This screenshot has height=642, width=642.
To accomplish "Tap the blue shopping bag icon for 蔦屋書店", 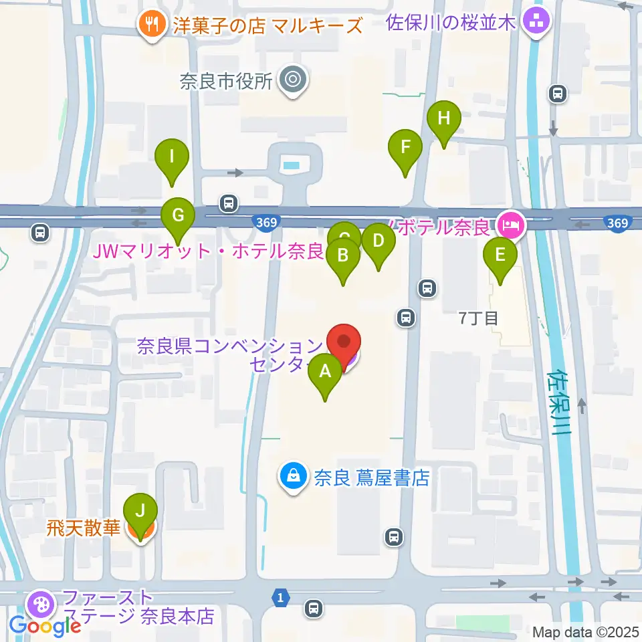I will coord(293,477).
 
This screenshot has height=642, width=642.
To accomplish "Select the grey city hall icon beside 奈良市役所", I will coord(293,81).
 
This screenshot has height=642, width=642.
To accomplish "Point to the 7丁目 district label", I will coord(479,318).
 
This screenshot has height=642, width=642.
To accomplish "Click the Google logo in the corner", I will coord(45,627).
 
